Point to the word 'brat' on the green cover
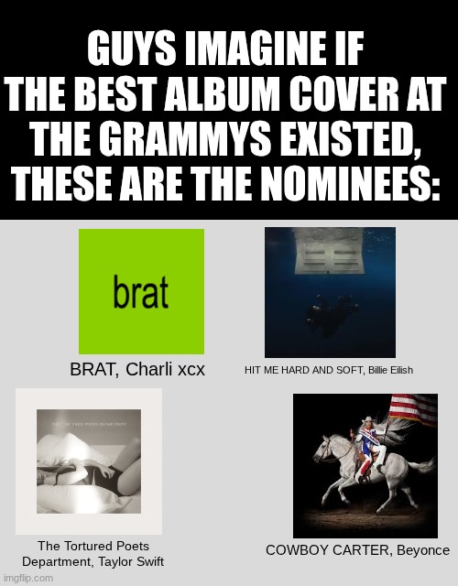(141, 294)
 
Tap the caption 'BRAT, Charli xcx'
(137, 370)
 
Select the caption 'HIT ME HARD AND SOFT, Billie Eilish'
(329, 370)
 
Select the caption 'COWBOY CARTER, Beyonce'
(357, 550)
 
